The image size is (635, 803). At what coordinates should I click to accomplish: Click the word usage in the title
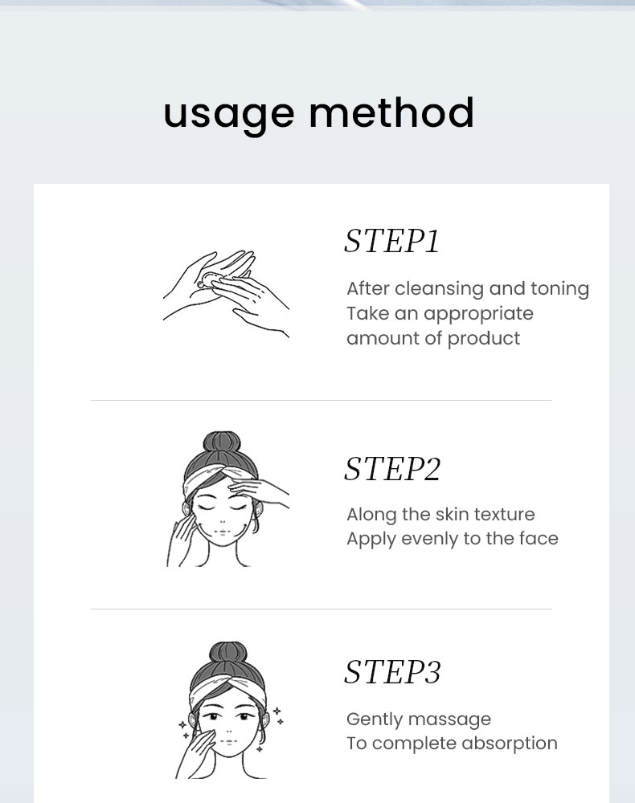pyautogui.click(x=228, y=115)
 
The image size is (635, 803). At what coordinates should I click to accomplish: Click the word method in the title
pyautogui.click(x=391, y=111)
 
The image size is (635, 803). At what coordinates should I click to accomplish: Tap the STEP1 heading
pyautogui.click(x=392, y=241)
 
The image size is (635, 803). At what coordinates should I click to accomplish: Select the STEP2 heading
pyautogui.click(x=392, y=469)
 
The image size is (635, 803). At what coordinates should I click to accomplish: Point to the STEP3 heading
pyautogui.click(x=392, y=671)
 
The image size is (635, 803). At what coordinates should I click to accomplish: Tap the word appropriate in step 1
pyautogui.click(x=479, y=315)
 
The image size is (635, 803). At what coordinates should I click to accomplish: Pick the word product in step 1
pyautogui.click(x=484, y=339)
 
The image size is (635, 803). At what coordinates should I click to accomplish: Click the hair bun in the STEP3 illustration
pyautogui.click(x=228, y=653)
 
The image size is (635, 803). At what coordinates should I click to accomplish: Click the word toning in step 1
pyautogui.click(x=559, y=289)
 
